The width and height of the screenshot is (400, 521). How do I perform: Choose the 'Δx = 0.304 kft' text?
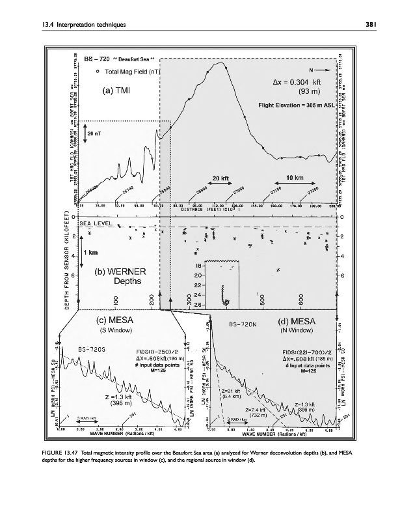point(296,82)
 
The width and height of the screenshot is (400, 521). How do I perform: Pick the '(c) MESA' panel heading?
point(114,320)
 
